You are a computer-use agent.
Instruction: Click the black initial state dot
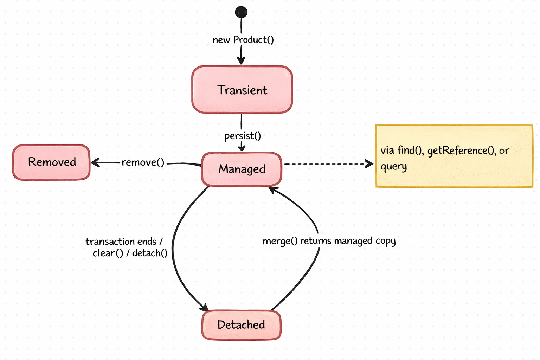[241, 12]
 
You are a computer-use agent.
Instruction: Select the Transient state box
[242, 90]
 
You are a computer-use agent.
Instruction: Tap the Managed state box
[242, 169]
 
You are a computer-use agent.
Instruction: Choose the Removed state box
[51, 162]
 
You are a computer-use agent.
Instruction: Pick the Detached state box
[241, 325]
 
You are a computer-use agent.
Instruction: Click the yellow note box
[454, 156]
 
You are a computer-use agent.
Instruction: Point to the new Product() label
[243, 40]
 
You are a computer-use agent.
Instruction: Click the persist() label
[243, 136]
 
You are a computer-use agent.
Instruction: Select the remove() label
[143, 162]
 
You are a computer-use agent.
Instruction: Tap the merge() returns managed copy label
[329, 241]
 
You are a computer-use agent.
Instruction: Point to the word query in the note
[393, 167]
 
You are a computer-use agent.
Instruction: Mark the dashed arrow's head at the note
[370, 164]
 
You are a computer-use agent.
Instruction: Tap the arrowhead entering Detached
[204, 308]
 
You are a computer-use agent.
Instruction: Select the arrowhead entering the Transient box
[241, 61]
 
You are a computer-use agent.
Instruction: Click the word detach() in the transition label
[150, 253]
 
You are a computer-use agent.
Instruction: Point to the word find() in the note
[410, 150]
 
